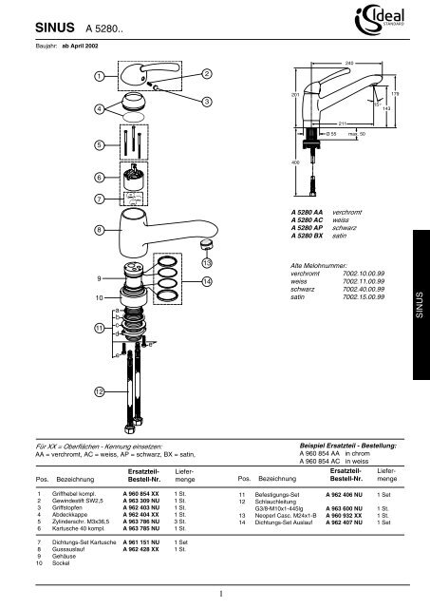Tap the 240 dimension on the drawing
(x=348, y=63)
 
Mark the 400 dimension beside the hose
(x=294, y=162)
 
